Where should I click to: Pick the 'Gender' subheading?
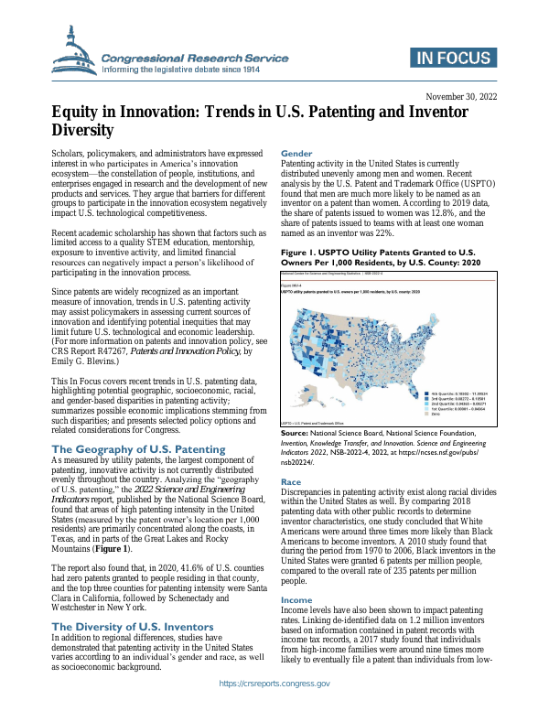[x=296, y=153]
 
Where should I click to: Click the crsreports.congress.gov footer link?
[x=274, y=684]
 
